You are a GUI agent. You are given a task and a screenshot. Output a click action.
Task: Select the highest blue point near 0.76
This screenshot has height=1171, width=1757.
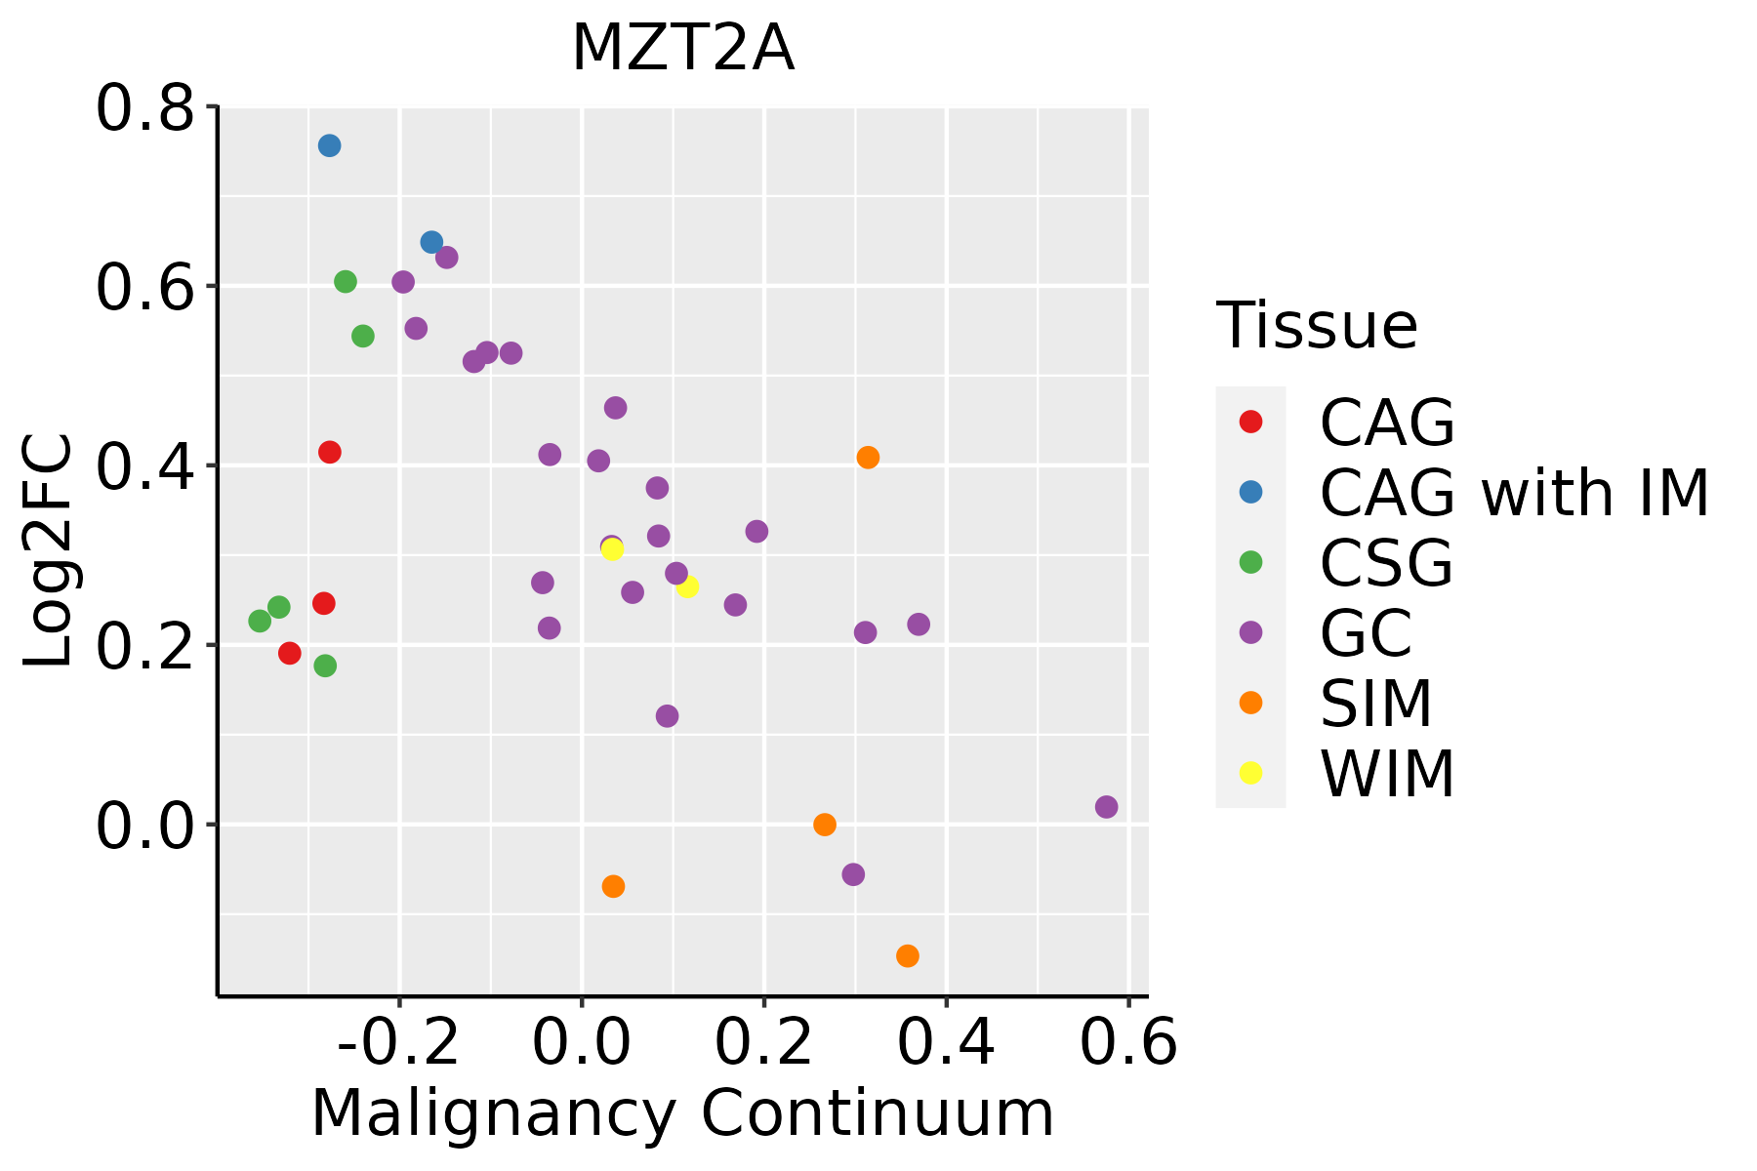329,145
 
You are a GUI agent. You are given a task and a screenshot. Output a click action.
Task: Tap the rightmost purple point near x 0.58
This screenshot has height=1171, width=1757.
1106,807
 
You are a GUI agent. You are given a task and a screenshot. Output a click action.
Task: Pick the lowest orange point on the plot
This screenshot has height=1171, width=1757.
908,955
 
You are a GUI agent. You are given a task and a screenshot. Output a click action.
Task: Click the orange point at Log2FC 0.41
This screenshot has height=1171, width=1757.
868,458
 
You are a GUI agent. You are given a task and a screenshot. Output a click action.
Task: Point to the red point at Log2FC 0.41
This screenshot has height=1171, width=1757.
330,452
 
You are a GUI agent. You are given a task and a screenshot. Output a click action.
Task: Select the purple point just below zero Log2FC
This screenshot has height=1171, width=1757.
853,874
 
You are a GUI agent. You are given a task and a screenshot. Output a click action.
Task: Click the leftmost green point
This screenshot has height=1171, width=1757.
260,621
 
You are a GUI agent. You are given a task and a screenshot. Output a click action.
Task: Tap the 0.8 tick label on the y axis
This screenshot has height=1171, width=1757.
143,109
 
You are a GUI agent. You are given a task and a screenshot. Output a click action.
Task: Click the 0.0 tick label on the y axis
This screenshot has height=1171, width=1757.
143,826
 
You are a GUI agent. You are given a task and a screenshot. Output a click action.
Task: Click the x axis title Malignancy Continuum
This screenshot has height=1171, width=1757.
682,1113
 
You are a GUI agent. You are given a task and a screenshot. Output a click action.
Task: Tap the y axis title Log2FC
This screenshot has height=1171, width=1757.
49,551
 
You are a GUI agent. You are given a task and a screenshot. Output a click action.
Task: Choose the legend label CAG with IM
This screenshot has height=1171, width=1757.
1514,493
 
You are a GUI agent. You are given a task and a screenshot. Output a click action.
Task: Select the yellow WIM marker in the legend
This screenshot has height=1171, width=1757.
1250,773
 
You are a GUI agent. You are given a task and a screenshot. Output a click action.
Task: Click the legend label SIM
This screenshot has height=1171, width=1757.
1375,704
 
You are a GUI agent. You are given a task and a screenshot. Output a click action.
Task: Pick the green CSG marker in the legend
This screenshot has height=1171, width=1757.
1250,562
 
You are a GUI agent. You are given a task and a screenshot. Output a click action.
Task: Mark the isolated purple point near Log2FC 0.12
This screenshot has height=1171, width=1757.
667,716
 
